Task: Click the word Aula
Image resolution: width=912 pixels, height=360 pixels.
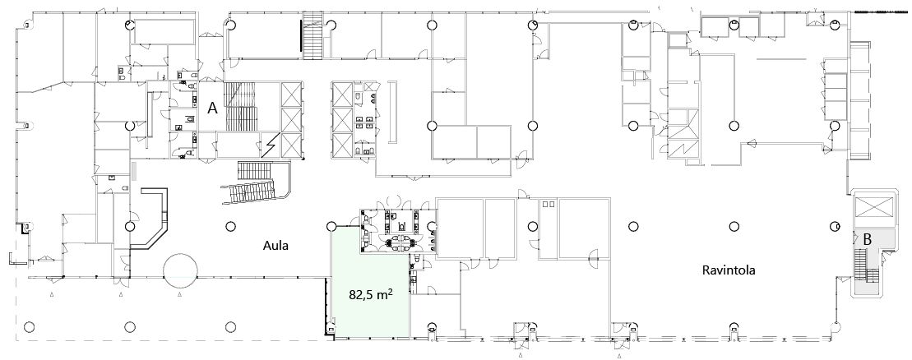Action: (275, 246)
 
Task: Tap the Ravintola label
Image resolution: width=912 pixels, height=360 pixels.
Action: (729, 270)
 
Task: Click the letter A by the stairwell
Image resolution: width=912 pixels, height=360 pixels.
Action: (213, 108)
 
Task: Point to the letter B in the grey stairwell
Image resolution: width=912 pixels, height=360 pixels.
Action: (868, 238)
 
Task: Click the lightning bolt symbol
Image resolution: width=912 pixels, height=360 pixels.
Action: (269, 145)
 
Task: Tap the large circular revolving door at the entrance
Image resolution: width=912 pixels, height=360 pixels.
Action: (180, 270)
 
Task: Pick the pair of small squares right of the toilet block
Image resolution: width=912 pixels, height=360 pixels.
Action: (549, 204)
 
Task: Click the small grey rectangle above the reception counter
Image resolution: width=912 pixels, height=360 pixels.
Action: (134, 172)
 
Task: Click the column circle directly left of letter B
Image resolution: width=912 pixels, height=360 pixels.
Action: (835, 226)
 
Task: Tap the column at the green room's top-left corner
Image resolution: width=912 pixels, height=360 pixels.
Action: (331, 226)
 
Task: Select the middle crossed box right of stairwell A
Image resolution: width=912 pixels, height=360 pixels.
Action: (291, 120)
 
